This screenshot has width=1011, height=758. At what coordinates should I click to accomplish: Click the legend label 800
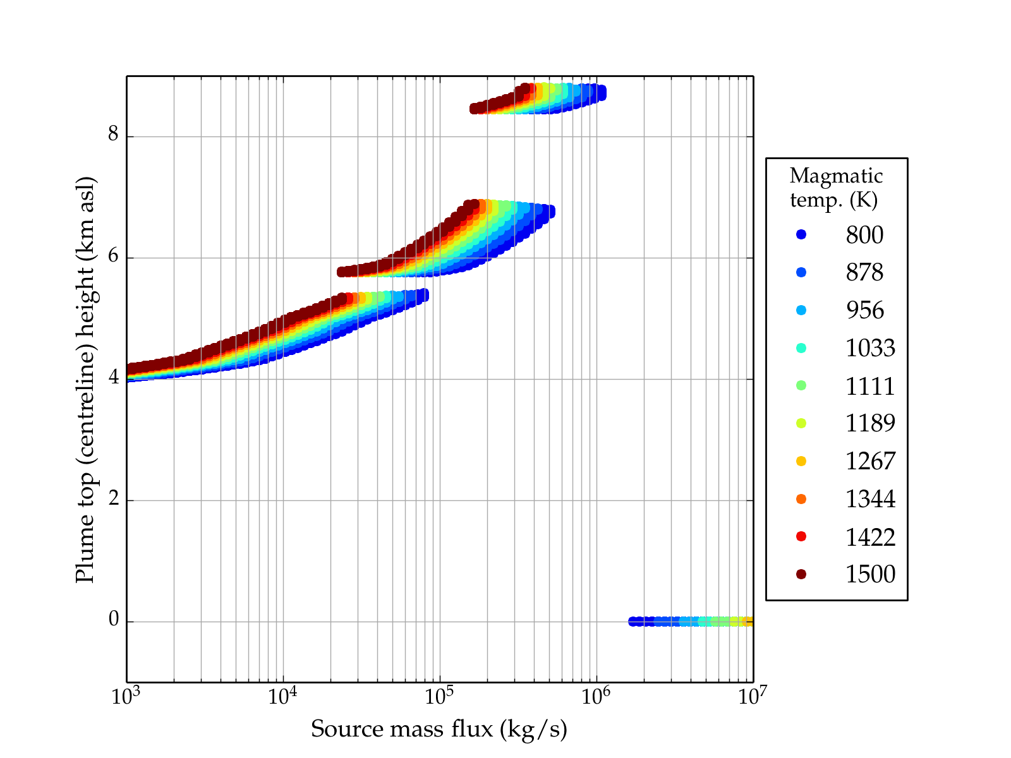pyautogui.click(x=864, y=235)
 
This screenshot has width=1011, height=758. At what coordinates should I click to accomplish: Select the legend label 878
pyautogui.click(x=864, y=273)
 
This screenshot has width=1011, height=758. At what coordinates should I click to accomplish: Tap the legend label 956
pyautogui.click(x=864, y=310)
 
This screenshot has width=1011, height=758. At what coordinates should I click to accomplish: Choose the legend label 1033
pyautogui.click(x=870, y=348)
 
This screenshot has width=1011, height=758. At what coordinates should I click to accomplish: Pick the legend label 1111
pyautogui.click(x=870, y=386)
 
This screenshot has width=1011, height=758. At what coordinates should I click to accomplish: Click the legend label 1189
pyautogui.click(x=870, y=423)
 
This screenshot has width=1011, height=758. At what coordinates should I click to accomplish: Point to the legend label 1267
pyautogui.click(x=870, y=461)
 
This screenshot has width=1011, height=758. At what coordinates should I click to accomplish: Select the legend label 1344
pyautogui.click(x=870, y=499)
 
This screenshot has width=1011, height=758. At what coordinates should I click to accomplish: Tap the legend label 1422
pyautogui.click(x=870, y=537)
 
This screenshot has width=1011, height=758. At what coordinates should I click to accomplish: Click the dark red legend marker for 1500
pyautogui.click(x=801, y=574)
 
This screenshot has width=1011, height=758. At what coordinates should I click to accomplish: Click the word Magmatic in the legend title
pyautogui.click(x=836, y=176)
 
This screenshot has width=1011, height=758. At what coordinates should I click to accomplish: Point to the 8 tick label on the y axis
pyautogui.click(x=113, y=135)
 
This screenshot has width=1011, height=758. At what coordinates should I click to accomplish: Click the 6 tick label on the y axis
pyautogui.click(x=113, y=256)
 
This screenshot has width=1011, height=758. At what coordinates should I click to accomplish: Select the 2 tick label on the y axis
pyautogui.click(x=113, y=499)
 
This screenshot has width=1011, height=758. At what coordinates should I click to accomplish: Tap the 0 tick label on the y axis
pyautogui.click(x=113, y=620)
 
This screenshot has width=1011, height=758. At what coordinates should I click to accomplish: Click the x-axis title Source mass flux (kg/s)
pyautogui.click(x=439, y=730)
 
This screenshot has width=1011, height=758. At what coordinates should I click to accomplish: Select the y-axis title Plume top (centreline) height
pyautogui.click(x=85, y=379)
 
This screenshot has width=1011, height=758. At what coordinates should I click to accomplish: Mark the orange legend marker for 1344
pyautogui.click(x=801, y=499)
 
